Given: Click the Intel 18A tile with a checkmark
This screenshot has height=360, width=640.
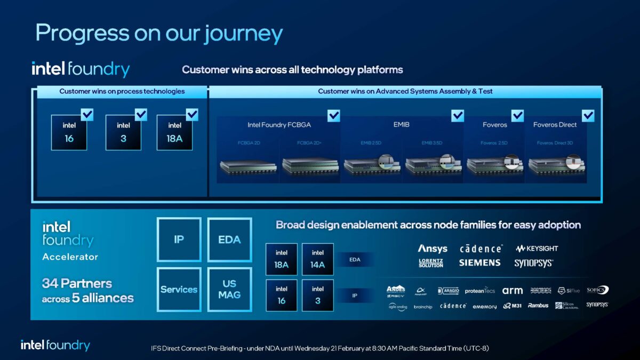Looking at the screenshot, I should point(174,132).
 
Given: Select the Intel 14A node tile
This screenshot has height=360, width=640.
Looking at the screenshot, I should point(318,259).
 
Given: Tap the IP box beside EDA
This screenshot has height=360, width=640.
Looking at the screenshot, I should point(179,239).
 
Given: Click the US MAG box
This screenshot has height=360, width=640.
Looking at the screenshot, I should point(229,290).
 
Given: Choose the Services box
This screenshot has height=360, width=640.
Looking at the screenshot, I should point(179,290).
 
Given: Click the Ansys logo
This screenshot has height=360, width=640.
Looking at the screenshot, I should point(433,249).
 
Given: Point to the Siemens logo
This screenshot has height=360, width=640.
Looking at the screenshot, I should point(479,263).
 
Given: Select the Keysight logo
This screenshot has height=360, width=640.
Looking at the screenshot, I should point(537,249).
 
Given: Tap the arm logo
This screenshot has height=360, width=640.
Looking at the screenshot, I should point(512,291).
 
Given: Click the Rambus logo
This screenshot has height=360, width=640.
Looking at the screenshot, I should point(538,306).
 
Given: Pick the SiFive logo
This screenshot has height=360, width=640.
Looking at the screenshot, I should point(569,291).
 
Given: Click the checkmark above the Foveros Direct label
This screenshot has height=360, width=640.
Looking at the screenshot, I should point(588,115).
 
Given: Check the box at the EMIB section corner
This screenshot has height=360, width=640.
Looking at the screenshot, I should point(458,115).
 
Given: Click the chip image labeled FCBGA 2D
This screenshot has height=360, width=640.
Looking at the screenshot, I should point(249,165).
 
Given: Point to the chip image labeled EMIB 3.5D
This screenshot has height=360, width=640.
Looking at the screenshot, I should point(433,165).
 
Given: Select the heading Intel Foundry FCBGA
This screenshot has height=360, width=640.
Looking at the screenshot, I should point(279,125).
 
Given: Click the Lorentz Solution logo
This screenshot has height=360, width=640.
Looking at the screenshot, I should point(431,263).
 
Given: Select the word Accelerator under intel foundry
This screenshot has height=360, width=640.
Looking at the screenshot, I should point(70,257).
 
